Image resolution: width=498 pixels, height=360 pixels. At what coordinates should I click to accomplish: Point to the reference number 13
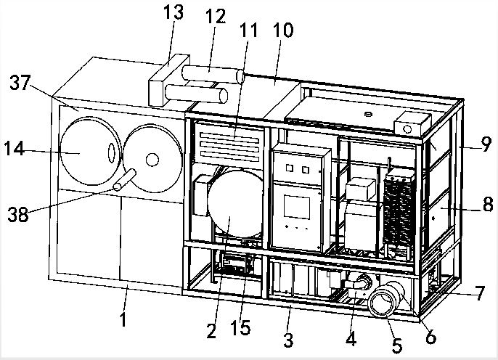coord(175,13)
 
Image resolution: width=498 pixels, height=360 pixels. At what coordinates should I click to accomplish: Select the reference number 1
coord(125,317)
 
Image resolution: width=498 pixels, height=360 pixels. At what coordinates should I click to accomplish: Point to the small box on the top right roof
coord(409,123)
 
